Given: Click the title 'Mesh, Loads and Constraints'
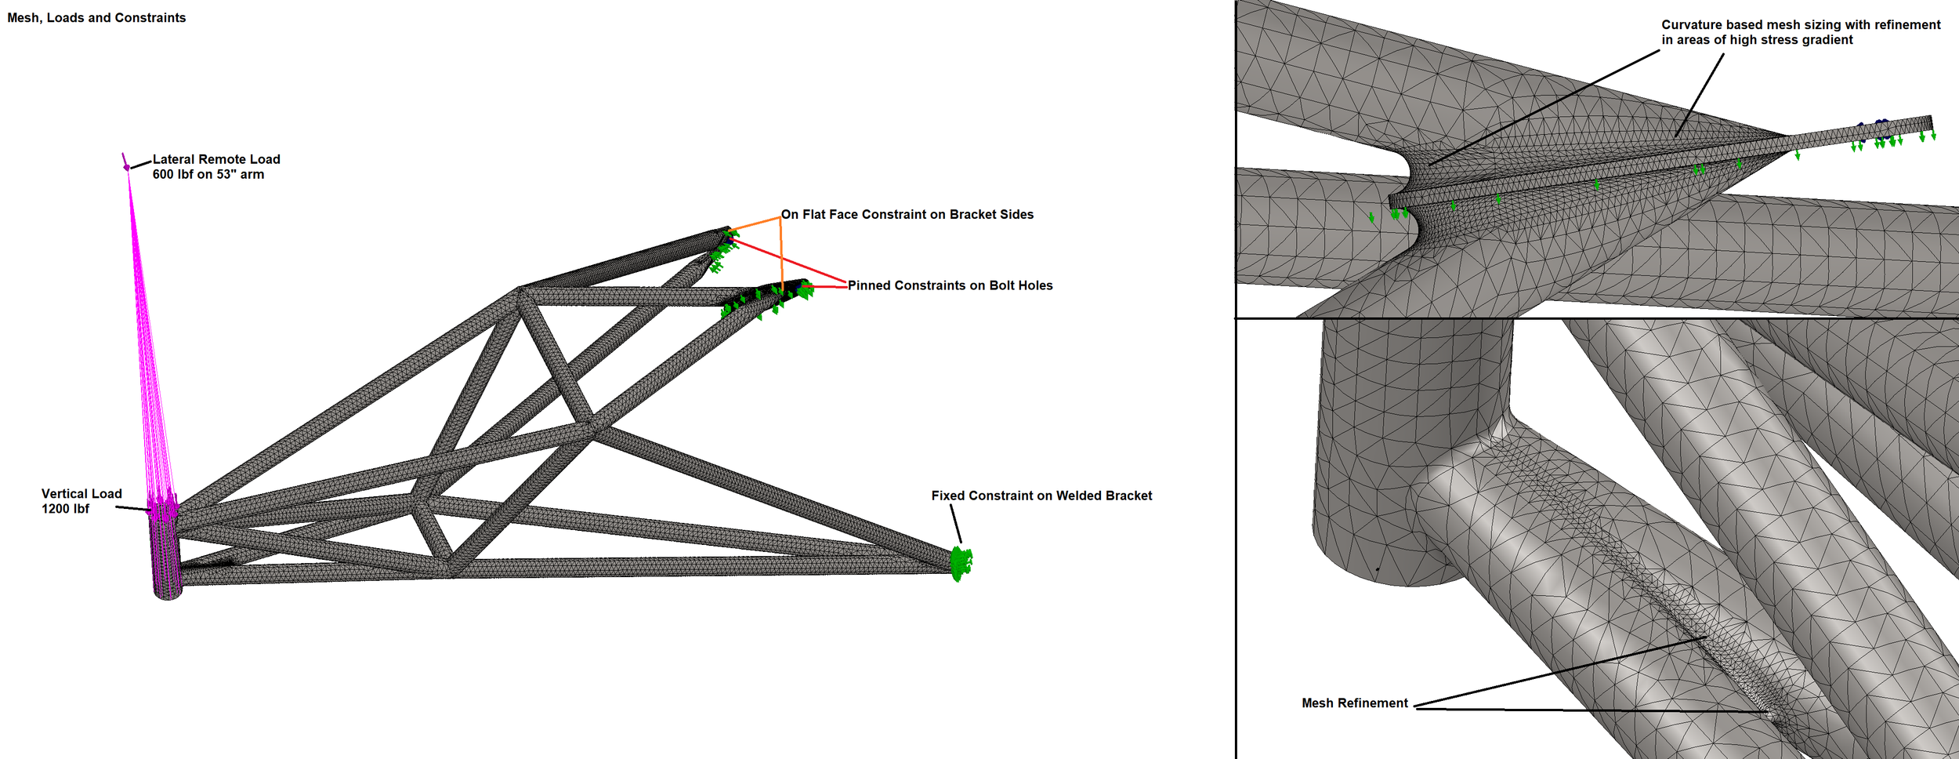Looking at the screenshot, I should pos(96,18).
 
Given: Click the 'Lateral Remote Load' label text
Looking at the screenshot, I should pos(216,159).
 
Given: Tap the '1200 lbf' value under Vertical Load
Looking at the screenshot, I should pos(65,509).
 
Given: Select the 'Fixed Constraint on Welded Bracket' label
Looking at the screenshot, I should pos(1041,496).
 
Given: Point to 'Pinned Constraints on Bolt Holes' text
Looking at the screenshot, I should pos(950,285).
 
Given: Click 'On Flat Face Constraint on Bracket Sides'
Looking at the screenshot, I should pos(907,214).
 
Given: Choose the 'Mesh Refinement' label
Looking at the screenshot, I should pos(1354,703).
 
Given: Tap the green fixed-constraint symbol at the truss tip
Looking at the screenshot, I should pos(961,563).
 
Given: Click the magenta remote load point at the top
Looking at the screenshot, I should pos(126,166).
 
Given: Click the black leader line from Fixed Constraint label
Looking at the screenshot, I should pos(956,522).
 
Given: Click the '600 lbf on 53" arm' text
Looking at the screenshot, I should pos(208,174).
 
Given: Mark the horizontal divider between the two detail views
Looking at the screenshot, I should pos(1599,318).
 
